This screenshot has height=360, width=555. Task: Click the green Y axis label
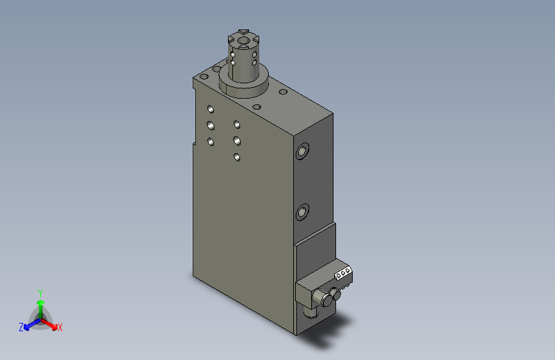(x=40, y=293)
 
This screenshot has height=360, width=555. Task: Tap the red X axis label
(x=60, y=327)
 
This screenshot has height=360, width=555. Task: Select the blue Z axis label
(x=21, y=327)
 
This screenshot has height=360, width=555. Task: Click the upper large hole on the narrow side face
(x=302, y=151)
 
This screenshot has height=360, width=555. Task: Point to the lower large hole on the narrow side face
(x=302, y=212)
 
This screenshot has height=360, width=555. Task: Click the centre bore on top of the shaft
(x=243, y=40)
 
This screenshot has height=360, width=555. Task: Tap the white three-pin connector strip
(x=343, y=273)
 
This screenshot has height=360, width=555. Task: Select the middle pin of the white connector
(x=343, y=273)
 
